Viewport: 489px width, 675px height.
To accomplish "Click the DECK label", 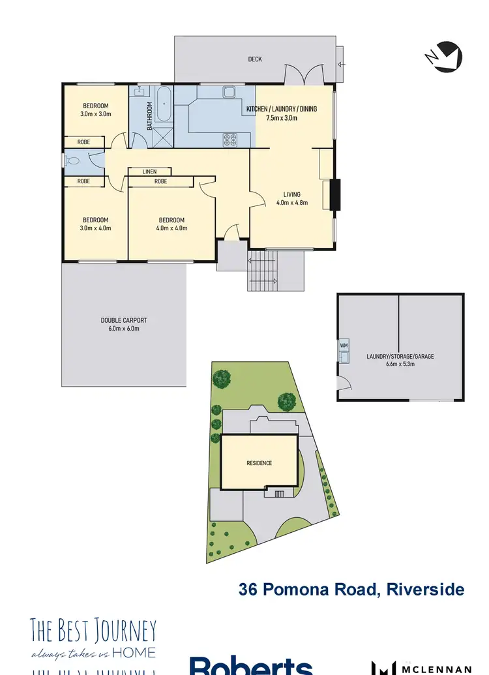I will tap(255, 59).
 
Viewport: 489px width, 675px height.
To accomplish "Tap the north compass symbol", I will tap(445, 56).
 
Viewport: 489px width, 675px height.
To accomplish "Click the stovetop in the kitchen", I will tap(230, 139).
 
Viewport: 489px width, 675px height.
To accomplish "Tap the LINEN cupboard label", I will tap(150, 172).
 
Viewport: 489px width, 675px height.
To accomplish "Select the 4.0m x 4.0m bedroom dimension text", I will tap(171, 229).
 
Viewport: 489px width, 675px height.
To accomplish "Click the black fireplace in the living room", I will tap(334, 195).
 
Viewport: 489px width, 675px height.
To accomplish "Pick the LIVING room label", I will tap(291, 194).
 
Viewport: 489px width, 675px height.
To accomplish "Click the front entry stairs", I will tap(263, 271).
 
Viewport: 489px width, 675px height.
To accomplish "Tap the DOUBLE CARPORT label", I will tap(124, 320).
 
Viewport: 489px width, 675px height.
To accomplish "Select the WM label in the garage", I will tap(344, 344).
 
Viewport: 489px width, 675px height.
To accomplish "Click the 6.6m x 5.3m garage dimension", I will tap(400, 366).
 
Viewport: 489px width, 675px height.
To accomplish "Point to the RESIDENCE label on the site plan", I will tap(259, 463).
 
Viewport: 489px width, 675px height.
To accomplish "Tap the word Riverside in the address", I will tap(425, 590).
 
